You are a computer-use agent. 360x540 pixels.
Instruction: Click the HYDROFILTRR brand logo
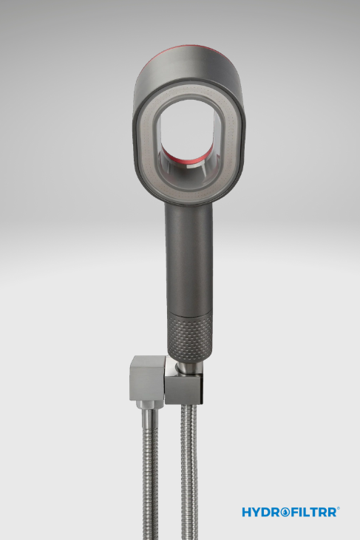pos(291,512)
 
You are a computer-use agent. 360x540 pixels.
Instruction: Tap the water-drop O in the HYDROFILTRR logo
pos(285,512)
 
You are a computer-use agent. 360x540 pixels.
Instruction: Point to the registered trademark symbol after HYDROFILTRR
pos(339,508)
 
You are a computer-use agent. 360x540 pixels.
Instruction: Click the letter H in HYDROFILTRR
pos(247,512)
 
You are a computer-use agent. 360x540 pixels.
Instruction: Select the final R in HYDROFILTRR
pos(331,512)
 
